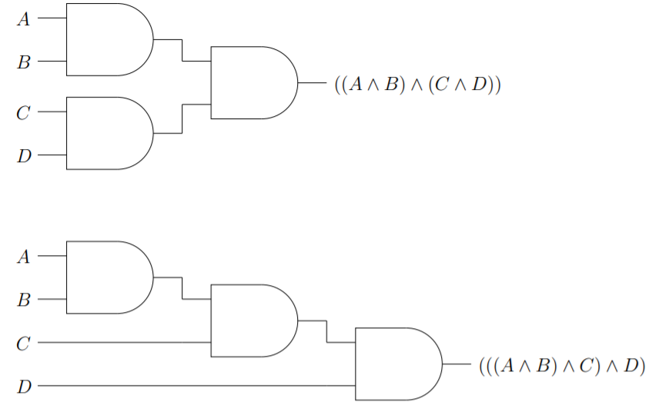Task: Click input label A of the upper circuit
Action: [x=24, y=19]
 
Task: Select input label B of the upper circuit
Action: [x=24, y=62]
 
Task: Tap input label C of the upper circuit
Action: [x=24, y=113]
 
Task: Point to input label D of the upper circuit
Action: [x=24, y=156]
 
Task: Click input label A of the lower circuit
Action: [x=24, y=257]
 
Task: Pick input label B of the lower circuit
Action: [x=24, y=300]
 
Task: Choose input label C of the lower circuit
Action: [x=24, y=343]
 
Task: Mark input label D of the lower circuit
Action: [x=24, y=386]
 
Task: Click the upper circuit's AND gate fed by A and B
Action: [x=108, y=39]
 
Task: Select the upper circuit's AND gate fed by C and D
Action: [x=108, y=133]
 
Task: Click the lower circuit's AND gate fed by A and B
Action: [x=108, y=277]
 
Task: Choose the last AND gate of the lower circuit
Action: [x=396, y=364]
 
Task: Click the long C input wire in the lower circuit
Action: [x=123, y=342]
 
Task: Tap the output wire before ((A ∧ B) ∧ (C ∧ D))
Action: [x=313, y=82]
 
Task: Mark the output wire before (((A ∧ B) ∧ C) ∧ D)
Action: [x=457, y=364]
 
